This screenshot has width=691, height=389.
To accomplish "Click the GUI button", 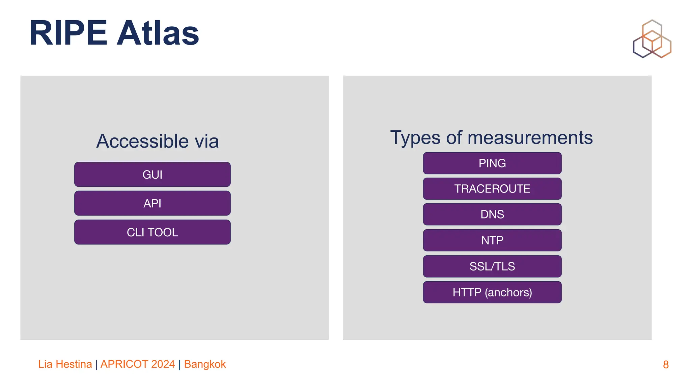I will [x=152, y=175].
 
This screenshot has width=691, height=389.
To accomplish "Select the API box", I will [x=152, y=203].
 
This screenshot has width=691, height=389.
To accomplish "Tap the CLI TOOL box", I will [x=152, y=232].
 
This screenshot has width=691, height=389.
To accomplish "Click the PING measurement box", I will [x=492, y=163].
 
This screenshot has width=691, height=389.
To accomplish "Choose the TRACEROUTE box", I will [x=492, y=189].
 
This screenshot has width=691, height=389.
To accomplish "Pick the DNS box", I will [x=492, y=214].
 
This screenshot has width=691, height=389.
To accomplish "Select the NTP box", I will [x=492, y=240].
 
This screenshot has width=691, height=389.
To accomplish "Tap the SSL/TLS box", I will [x=492, y=266].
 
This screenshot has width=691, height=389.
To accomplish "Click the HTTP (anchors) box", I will [x=492, y=292].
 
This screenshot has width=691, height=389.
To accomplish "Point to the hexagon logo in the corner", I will [x=652, y=39].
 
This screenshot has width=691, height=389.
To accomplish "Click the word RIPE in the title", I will [x=68, y=33].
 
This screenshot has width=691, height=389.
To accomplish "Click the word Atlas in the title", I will [x=158, y=33].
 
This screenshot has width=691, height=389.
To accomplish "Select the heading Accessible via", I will [x=157, y=141].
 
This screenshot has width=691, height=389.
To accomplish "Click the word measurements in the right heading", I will [x=530, y=138].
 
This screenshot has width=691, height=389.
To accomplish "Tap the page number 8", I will [x=665, y=365].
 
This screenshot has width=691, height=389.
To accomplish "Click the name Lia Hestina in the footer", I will [x=65, y=364].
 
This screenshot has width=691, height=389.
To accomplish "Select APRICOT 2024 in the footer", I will [x=137, y=364].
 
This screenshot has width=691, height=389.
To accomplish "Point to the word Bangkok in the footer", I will [x=205, y=364].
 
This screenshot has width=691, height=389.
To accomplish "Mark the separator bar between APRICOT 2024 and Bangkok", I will [x=179, y=365].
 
